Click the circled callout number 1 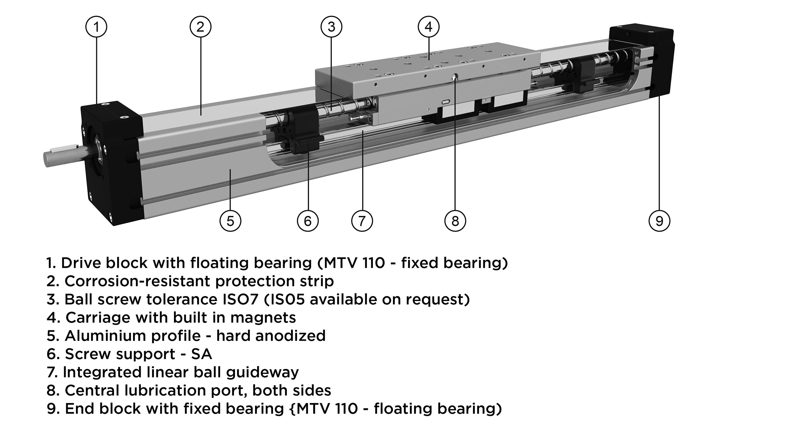pyautogui.click(x=96, y=27)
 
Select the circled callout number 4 pyautogui.click(x=429, y=27)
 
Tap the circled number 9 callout pyautogui.click(x=659, y=221)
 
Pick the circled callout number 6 pyautogui.click(x=308, y=221)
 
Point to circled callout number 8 pyautogui.click(x=455, y=221)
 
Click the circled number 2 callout pyautogui.click(x=200, y=27)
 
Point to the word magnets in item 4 pyautogui.click(x=263, y=318)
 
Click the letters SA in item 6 pyautogui.click(x=201, y=354)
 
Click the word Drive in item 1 pyautogui.click(x=81, y=263)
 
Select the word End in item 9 pyautogui.click(x=79, y=409)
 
